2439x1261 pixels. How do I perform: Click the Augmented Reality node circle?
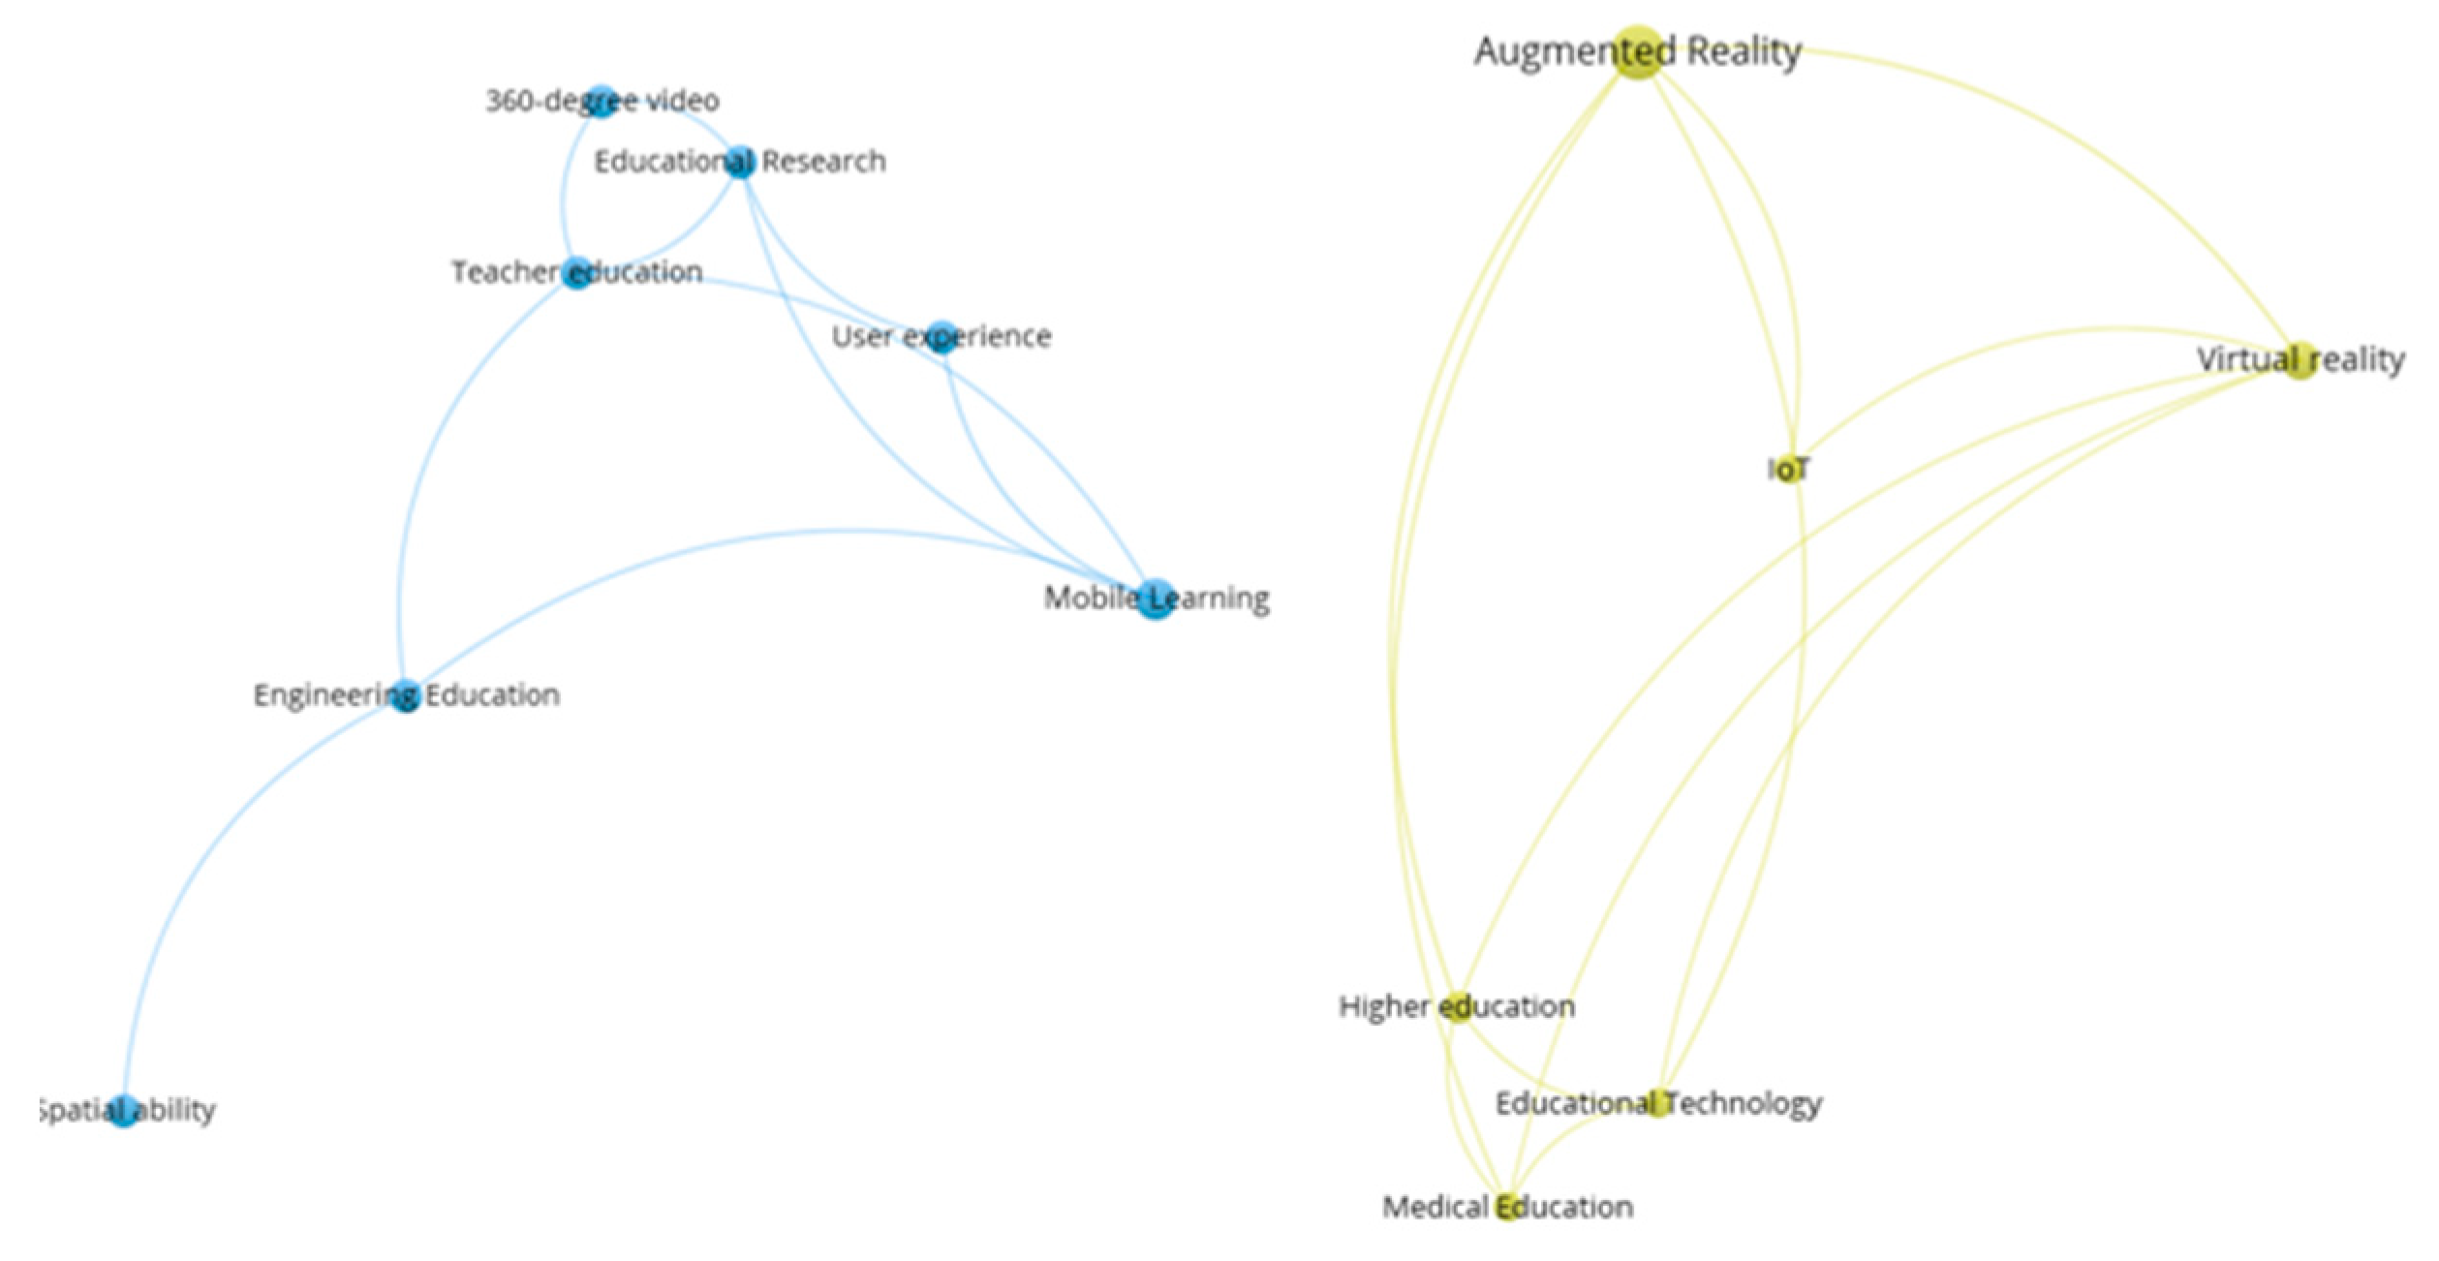pyautogui.click(x=1638, y=53)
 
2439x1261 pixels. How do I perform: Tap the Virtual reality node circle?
pyautogui.click(x=2300, y=360)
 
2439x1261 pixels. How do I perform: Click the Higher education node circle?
pyautogui.click(x=1459, y=1006)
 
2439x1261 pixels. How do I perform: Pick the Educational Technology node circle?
pyautogui.click(x=1658, y=1103)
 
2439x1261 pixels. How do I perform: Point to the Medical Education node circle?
pyautogui.click(x=1507, y=1207)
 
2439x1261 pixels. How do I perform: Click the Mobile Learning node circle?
pyautogui.click(x=1156, y=600)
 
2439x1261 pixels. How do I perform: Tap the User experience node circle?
pyautogui.click(x=942, y=337)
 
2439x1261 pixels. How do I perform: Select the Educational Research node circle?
pyautogui.click(x=740, y=162)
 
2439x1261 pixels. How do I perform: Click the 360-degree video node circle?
pyautogui.click(x=602, y=101)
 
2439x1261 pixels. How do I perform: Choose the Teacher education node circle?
pyautogui.click(x=577, y=273)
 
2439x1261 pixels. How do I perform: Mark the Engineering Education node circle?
pyautogui.click(x=406, y=695)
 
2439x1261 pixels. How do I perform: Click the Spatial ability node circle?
pyautogui.click(x=124, y=1110)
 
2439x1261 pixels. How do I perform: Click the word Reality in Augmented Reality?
pyautogui.click(x=1744, y=51)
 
